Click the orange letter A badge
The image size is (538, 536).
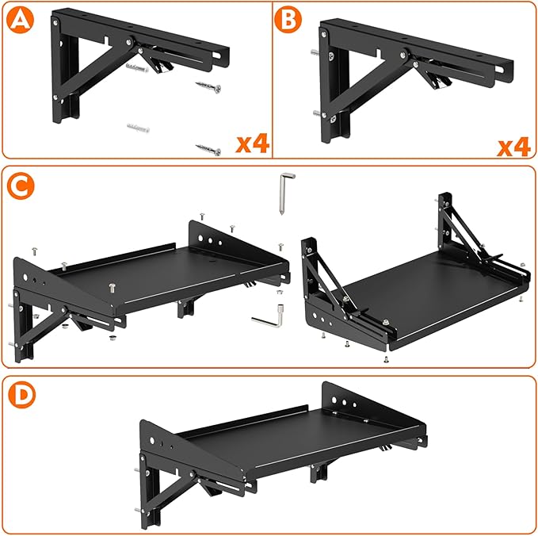21,20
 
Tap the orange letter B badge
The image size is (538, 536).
288,19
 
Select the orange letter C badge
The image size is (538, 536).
21,186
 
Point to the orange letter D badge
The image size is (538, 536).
21,395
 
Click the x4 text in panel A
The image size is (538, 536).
252,144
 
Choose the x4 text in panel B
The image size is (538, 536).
514,147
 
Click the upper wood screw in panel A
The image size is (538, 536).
208,87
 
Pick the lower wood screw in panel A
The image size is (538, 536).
208,149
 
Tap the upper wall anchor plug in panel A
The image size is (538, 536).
137,67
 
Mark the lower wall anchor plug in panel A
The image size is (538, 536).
138,128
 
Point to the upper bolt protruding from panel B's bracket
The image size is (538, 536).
315,52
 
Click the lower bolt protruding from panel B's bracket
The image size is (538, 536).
318,113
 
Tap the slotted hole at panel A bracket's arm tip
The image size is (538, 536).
217,56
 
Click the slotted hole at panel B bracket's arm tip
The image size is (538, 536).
500,71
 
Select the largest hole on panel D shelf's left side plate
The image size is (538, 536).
152,440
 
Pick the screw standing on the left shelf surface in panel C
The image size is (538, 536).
112,288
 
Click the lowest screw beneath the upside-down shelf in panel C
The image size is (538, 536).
386,359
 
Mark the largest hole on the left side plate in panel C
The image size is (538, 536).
25,277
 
